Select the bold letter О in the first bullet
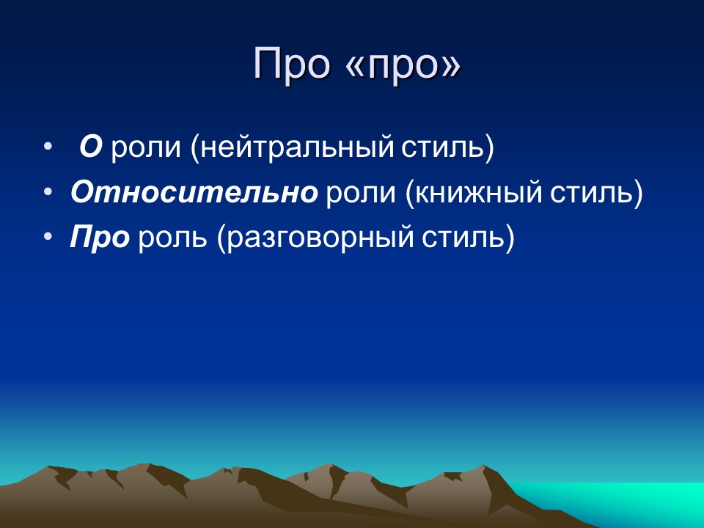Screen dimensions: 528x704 [90, 147]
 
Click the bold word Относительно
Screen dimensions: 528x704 [194, 192]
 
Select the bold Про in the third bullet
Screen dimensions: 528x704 [100, 238]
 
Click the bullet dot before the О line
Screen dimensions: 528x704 [48, 147]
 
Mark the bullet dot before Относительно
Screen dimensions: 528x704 [48, 192]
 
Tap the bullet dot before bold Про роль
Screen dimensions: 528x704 [48, 238]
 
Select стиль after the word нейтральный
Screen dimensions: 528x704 [447, 148]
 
